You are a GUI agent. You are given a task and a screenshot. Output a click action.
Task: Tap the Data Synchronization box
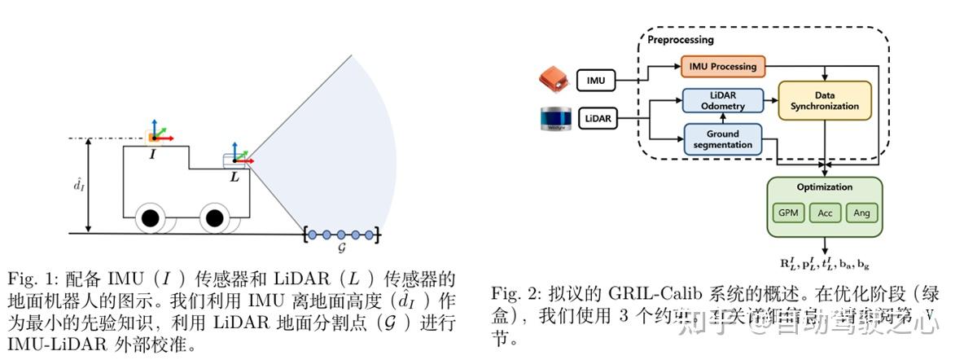tap(824, 100)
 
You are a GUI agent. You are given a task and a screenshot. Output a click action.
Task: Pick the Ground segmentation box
tap(722, 139)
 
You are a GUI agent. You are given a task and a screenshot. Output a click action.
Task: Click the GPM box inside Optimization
tap(787, 213)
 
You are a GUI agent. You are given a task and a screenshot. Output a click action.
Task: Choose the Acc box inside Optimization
tap(825, 213)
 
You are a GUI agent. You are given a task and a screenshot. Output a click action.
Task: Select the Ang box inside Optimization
tap(861, 213)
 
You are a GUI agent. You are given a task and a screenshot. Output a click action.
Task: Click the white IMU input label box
tap(596, 80)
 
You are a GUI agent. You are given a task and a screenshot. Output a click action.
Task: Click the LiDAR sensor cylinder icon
tap(556, 119)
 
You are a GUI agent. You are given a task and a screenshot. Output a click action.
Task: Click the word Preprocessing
tap(680, 39)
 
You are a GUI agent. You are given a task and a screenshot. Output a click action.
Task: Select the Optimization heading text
tap(825, 187)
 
